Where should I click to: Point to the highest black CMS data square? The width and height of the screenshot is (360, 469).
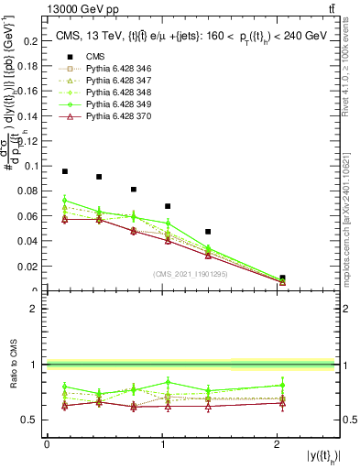point(65,171)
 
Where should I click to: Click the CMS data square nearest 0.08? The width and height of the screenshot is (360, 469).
point(134,190)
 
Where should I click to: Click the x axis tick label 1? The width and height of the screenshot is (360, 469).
point(161,444)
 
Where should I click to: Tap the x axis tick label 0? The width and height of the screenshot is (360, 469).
point(47,444)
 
